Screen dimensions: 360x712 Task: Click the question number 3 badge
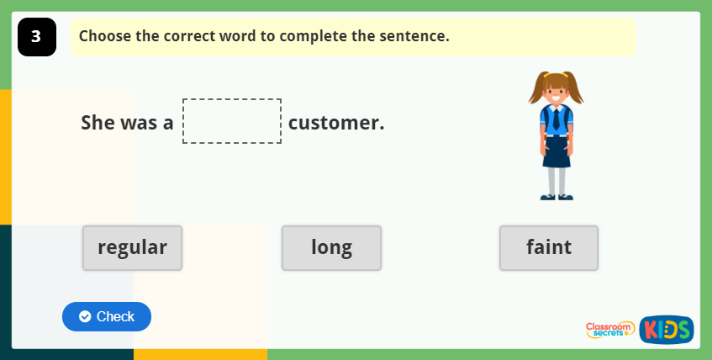point(36,37)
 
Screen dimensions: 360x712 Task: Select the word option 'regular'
point(132,247)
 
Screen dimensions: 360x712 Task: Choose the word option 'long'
point(331,247)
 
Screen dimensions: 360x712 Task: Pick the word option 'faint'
point(548,247)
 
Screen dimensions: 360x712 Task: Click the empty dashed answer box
point(232,121)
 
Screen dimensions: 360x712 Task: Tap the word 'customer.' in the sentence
point(335,123)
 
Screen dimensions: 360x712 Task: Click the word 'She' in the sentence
point(98,123)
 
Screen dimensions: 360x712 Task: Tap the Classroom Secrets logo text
point(609,330)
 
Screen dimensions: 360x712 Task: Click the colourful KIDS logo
point(666,330)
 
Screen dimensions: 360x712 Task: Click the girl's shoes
point(556,197)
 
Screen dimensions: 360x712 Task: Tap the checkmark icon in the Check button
point(85,316)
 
